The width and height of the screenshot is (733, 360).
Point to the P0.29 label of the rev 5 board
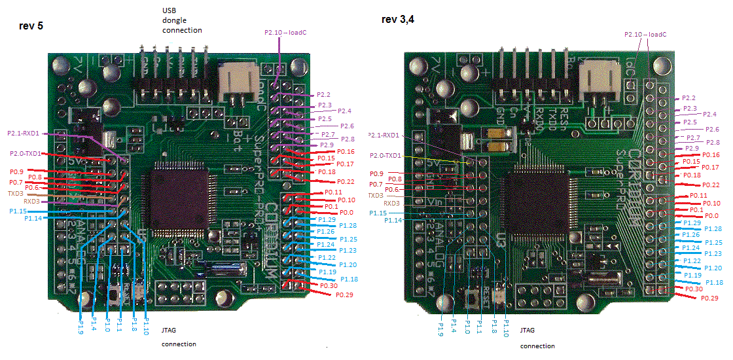tap(344, 295)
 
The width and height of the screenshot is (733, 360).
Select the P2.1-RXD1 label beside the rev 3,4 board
tap(385, 135)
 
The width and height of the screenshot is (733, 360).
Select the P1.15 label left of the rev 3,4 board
tap(378, 213)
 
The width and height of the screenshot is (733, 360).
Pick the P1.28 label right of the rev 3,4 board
tap(713, 228)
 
